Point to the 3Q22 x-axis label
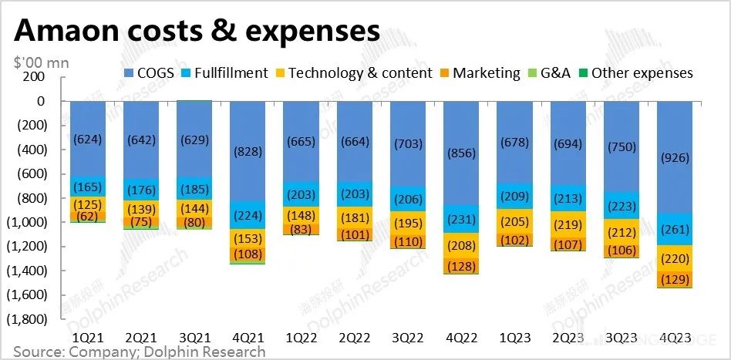pos(408,337)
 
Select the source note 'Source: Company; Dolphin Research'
pos(139,352)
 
